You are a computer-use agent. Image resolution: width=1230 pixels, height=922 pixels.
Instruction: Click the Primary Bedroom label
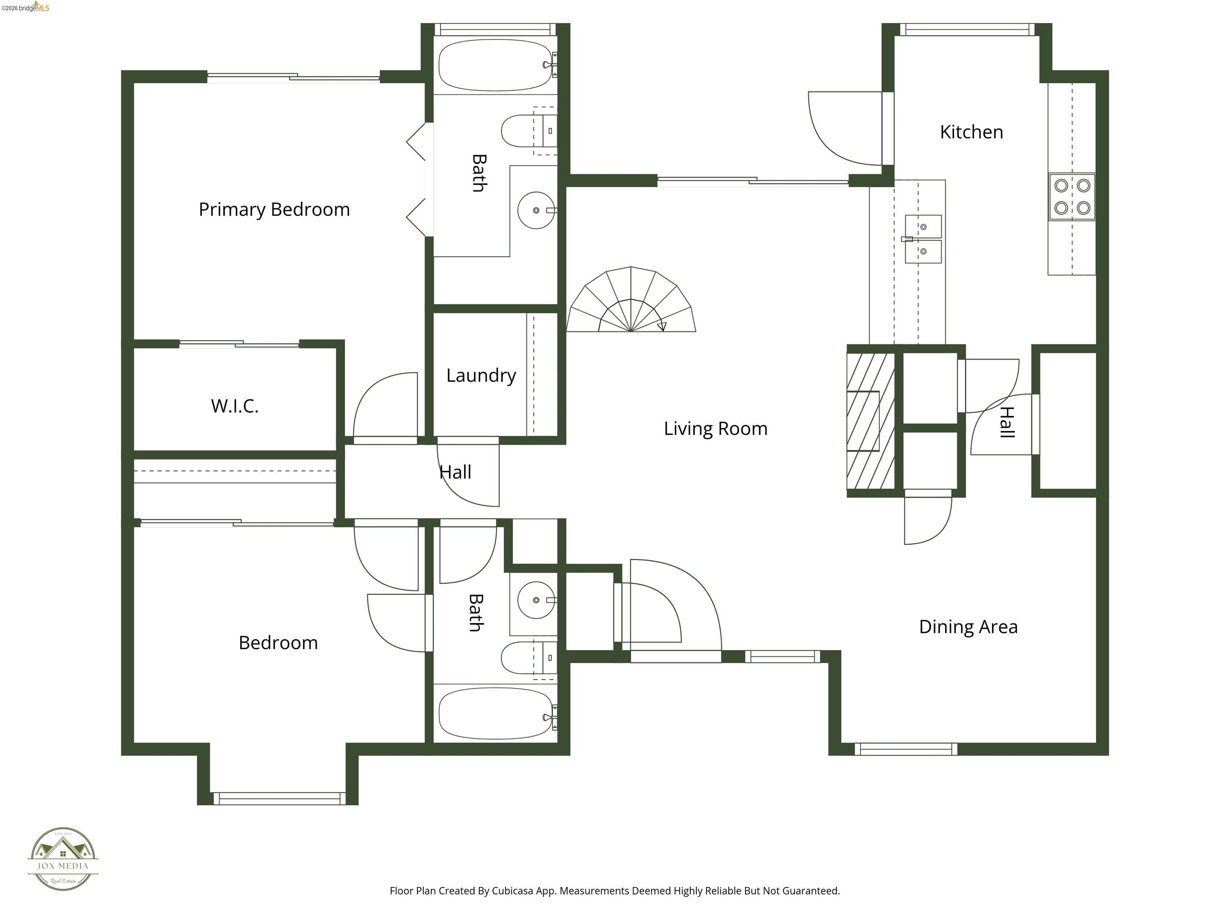coord(274,210)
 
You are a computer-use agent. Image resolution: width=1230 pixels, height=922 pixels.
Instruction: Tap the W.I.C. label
coord(235,406)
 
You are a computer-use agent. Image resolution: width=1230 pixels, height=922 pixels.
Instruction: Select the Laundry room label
coord(481,376)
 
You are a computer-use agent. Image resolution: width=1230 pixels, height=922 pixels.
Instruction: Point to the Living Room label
coord(715,429)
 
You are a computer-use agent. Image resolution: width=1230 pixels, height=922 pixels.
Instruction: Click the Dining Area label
coord(968,627)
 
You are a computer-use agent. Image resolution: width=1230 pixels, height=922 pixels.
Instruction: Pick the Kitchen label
coord(971,132)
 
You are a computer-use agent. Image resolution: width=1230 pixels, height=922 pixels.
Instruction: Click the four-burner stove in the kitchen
coord(1072,197)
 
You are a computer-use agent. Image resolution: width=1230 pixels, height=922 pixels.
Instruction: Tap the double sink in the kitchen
coord(923,239)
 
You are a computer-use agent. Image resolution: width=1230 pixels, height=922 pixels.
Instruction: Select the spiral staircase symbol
coord(631,300)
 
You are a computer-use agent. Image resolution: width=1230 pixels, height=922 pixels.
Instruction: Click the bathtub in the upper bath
coord(495,65)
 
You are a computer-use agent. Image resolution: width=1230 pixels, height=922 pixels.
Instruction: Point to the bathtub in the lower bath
coord(495,714)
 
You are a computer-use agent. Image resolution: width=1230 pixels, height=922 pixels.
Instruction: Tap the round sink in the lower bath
coord(536,600)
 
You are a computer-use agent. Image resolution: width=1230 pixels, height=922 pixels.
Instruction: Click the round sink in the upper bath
coord(536,210)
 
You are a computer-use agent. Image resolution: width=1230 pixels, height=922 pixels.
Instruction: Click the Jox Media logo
coord(63,859)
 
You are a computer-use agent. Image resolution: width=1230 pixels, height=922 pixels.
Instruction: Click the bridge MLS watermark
coord(26,7)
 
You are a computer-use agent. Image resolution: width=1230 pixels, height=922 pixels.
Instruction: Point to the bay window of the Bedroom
coord(279,799)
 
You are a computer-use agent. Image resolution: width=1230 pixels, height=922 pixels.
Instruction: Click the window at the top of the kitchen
coord(967,30)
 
